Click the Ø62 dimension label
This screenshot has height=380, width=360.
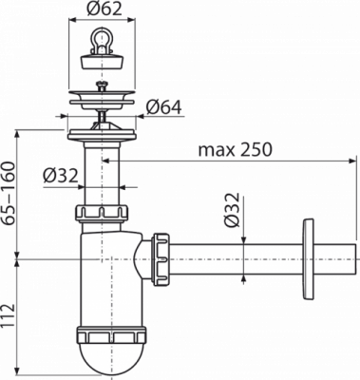click(x=104, y=9)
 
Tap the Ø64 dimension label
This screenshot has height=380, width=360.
click(x=163, y=107)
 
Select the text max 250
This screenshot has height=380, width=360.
click(x=235, y=149)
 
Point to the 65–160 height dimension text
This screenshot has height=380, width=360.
click(x=9, y=194)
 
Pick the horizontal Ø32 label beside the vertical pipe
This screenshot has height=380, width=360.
click(x=61, y=176)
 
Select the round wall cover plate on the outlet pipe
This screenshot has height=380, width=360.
click(x=309, y=258)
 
